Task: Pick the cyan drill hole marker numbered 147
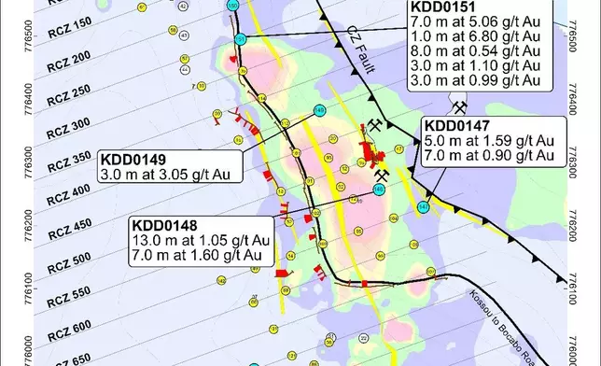coord(424,206)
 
